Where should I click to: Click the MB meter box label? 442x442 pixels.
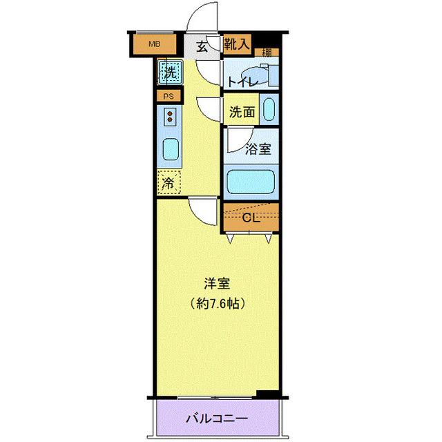pos(155,45)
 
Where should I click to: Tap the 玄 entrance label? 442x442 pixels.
pos(202,47)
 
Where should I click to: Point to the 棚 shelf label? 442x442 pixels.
pos(266,52)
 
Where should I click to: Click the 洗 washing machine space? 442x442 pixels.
pos(169,70)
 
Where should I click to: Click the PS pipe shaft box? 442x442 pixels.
pos(169,97)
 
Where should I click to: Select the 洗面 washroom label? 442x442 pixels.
pos(242,110)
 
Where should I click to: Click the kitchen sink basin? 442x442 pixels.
pos(170,148)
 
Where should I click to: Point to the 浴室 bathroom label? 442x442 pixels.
pos(258,148)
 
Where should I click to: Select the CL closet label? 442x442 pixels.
pos(251,218)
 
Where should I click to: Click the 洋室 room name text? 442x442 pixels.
pos(216,283)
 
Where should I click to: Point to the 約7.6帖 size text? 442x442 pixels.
pos(216,302)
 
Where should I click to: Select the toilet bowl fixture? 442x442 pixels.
pos(254,74)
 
